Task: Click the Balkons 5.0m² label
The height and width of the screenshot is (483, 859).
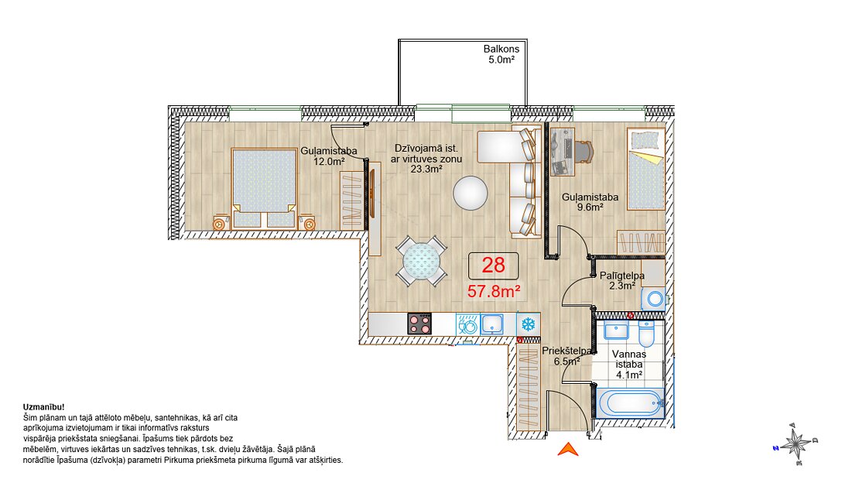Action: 501,54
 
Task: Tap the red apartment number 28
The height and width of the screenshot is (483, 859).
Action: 493,265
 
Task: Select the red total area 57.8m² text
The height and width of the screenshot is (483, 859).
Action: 494,291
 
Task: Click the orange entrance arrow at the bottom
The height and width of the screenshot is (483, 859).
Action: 568,450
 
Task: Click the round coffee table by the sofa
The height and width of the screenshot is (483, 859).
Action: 471,193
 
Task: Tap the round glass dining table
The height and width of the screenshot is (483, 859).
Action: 421,262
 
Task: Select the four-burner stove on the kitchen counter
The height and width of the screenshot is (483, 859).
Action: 419,324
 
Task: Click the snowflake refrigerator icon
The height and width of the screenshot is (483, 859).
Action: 528,324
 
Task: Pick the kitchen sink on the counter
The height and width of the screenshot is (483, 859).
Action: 492,324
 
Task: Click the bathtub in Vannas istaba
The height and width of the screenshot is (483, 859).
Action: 629,403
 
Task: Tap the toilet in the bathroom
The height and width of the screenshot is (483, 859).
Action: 646,334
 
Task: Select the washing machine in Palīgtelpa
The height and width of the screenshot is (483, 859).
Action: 654,300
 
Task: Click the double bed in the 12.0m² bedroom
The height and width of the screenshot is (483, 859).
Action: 264,187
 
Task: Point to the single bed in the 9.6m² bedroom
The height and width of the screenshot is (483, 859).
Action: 646,169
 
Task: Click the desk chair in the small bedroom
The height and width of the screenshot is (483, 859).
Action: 584,152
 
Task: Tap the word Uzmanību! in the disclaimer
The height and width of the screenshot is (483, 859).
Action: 44,407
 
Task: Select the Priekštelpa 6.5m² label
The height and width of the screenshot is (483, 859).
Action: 567,356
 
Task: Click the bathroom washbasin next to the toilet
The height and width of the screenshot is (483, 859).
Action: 617,331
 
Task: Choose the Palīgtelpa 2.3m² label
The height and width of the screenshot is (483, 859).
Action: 621,281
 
